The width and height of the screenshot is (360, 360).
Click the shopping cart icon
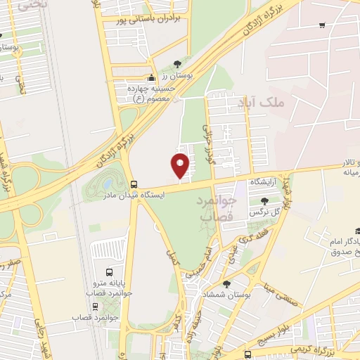321,25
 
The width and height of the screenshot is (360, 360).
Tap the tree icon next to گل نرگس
264,201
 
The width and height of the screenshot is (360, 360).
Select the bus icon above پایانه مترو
109,272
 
